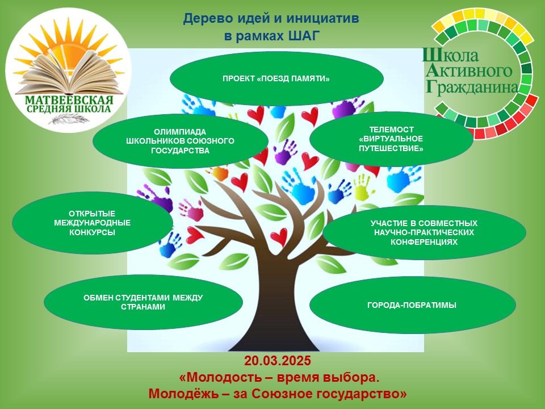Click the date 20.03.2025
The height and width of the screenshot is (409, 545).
click(277, 361)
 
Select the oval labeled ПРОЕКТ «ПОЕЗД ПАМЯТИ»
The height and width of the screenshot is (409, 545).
click(276, 78)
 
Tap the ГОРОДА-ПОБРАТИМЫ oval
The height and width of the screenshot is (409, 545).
click(412, 306)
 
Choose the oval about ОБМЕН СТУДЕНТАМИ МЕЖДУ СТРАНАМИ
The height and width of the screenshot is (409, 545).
click(143, 302)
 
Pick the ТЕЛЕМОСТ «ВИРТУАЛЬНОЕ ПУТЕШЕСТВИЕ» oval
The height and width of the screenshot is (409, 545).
click(391, 139)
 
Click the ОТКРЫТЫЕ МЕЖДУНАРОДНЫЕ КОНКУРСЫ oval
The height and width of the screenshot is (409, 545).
click(93, 223)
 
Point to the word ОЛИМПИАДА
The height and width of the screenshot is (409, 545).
click(180, 132)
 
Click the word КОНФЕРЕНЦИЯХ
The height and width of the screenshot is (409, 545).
click(424, 242)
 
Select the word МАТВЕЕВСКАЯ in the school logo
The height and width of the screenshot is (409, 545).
click(69, 100)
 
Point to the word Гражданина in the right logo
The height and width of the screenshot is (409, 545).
click(472, 87)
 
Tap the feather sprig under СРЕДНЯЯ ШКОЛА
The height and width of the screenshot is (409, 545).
click(69, 119)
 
